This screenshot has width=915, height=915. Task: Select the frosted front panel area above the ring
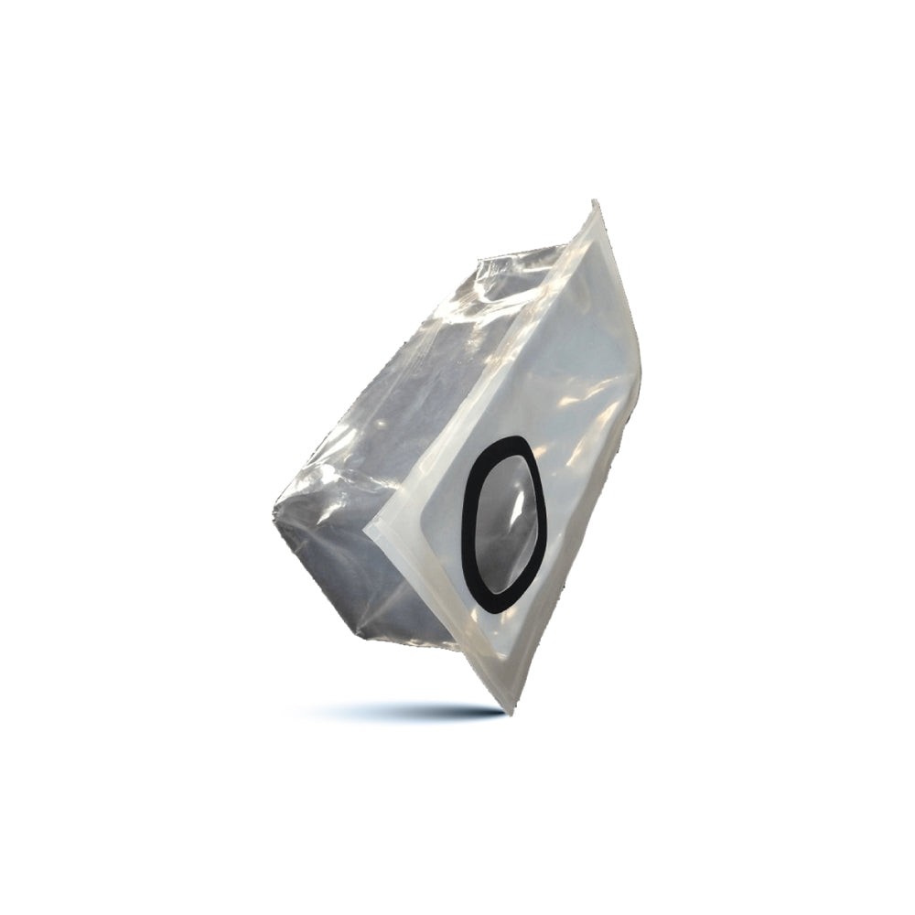pyautogui.click(x=567, y=348)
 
